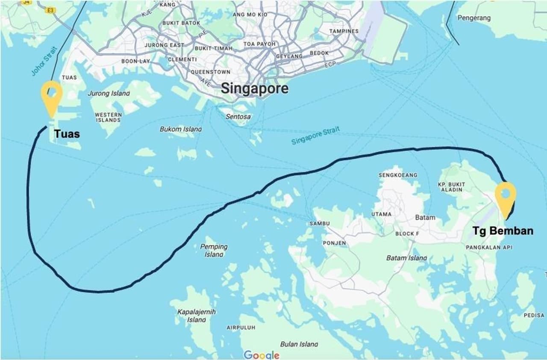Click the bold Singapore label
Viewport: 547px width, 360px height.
255,89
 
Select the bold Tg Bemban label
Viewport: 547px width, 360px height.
503,231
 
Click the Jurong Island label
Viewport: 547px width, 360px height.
109,93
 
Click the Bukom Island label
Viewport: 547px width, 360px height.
181,129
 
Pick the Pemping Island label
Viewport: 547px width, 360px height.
214,250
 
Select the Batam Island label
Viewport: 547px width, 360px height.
406,258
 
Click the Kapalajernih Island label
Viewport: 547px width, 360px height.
197,316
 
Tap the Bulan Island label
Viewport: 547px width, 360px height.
299,344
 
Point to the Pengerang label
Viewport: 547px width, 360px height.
474,18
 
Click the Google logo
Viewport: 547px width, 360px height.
262,355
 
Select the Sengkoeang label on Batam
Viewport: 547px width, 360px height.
398,175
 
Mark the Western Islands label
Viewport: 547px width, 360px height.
108,117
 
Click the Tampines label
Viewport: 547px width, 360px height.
344,31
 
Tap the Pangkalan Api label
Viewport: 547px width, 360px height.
489,248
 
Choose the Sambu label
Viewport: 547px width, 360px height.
319,224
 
